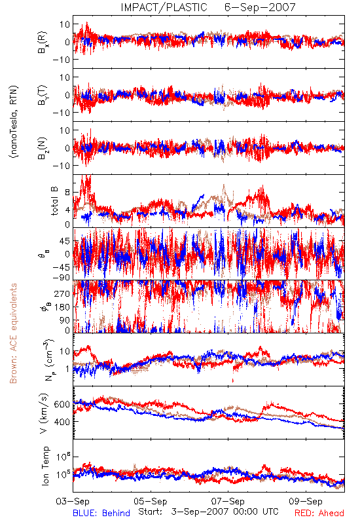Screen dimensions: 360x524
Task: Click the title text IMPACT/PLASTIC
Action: [x=164, y=7]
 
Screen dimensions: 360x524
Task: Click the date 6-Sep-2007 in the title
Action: [x=260, y=7]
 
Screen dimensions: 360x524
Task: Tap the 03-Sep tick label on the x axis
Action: [x=73, y=501]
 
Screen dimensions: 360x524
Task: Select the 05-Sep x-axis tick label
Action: [x=151, y=501]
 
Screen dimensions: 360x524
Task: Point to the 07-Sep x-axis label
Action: [x=228, y=501]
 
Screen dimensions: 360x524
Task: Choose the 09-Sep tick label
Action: [x=306, y=501]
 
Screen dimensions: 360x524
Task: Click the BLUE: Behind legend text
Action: [x=101, y=513]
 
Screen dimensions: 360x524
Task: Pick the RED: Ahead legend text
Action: [x=319, y=513]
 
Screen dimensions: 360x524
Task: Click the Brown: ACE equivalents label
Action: [x=13, y=333]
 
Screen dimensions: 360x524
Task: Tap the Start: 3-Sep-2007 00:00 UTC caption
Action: [x=208, y=512]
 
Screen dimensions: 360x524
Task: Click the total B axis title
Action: [x=54, y=201]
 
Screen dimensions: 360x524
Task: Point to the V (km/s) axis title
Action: [x=45, y=413]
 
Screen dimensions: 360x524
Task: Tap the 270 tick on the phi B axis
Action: [x=62, y=293]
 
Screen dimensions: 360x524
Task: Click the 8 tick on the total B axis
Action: [x=67, y=193]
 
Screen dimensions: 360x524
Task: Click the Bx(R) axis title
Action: [x=43, y=42]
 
